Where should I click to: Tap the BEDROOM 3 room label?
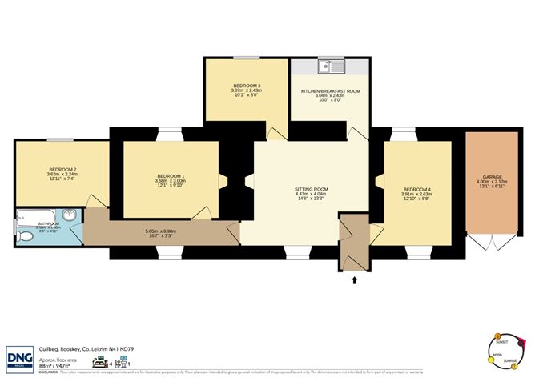pos(247,86)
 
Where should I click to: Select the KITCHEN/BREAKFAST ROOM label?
pos(330,91)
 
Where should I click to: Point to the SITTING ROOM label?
pos(312,189)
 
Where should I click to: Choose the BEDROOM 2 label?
pos(62,170)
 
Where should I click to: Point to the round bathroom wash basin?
pos(70,215)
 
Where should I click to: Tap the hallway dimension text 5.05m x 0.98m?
pos(160,232)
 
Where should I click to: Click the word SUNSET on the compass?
pos(489,342)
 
